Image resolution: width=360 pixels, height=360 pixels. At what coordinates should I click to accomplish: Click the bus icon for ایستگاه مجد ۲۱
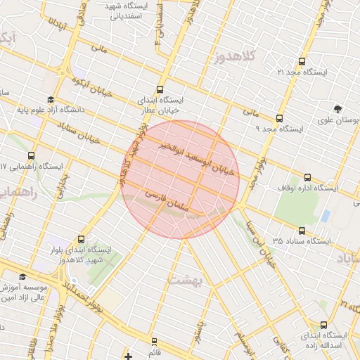pyautogui.click(x=302, y=61)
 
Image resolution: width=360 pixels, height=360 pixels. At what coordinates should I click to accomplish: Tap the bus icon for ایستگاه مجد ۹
pyautogui.click(x=280, y=118)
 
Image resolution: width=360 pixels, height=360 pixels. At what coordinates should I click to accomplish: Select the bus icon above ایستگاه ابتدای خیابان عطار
pyautogui.click(x=160, y=89)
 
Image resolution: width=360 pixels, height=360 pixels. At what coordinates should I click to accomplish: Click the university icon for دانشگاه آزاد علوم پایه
pyautogui.click(x=50, y=99)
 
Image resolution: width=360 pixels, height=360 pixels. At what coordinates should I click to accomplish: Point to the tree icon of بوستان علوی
pyautogui.click(x=339, y=109)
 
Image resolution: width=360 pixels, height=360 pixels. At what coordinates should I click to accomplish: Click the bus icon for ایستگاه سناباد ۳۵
pyautogui.click(x=302, y=230)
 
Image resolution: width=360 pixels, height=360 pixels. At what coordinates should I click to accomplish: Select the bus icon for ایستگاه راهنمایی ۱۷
pyautogui.click(x=31, y=155)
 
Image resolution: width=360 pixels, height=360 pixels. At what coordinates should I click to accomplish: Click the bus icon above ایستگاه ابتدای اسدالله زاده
pyautogui.click(x=323, y=325)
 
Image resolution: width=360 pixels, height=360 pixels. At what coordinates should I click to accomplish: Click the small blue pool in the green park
pyautogui.click(x=326, y=215)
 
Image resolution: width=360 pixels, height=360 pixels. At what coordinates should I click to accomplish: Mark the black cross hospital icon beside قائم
pyautogui.click(x=128, y=355)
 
